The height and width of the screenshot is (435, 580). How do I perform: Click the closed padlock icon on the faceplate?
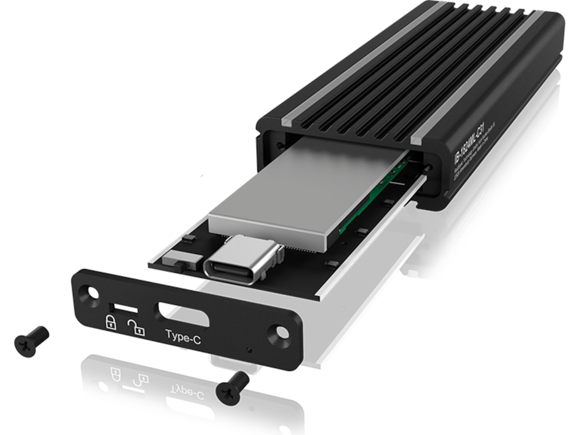pyautogui.click(x=111, y=322)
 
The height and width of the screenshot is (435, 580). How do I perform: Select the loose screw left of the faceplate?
pyautogui.click(x=31, y=341)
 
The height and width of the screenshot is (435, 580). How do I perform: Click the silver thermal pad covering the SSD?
pyautogui.click(x=290, y=193)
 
